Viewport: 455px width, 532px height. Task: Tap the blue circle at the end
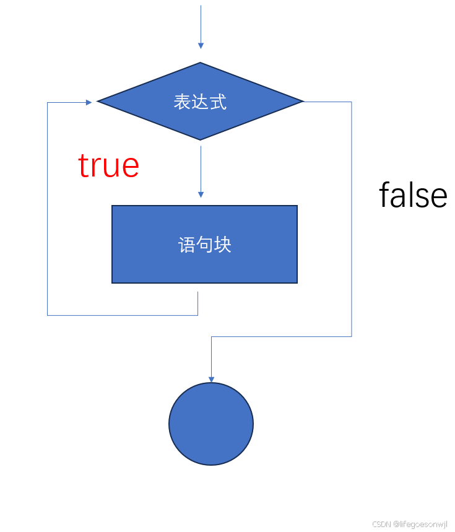pos(211,424)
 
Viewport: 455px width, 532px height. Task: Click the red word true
pos(108,165)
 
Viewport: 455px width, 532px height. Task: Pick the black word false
pos(413,195)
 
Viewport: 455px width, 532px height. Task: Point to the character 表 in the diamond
pos(182,102)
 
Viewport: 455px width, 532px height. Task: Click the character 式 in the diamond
pos(219,102)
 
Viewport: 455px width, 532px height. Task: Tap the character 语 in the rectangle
pos(187,245)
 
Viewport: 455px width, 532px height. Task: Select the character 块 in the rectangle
pos(223,245)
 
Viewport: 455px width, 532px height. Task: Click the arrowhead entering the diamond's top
pos(201,45)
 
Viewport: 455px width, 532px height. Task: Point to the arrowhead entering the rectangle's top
pos(201,194)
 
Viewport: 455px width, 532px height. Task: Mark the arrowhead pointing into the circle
pos(211,379)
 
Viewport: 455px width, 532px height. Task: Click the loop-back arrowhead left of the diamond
pos(89,102)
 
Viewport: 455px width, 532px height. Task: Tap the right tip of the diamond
pos(303,101)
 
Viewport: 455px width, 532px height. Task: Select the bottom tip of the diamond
pos(201,139)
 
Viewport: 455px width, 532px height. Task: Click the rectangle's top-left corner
pos(113,206)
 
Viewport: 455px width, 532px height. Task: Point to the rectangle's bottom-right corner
pos(297,282)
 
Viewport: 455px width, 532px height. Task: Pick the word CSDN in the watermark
pos(381,524)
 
